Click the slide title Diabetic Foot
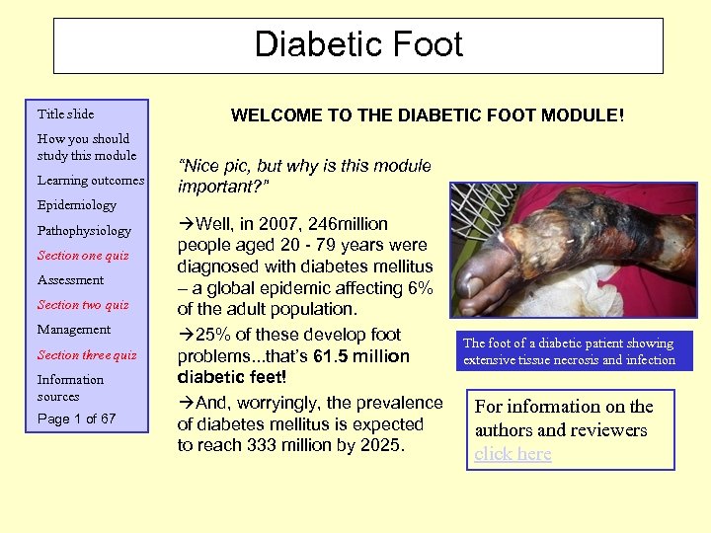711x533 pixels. [357, 45]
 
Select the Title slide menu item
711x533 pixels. [65, 114]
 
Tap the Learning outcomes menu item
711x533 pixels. [91, 181]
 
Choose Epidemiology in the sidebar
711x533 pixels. [76, 205]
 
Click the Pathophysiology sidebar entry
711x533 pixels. [84, 231]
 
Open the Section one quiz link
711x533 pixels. [83, 256]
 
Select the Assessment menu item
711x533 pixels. [70, 280]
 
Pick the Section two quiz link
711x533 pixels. [83, 305]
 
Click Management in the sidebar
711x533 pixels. [74, 330]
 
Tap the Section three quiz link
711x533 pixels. [87, 355]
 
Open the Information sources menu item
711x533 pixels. [70, 388]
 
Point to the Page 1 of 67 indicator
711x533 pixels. [76, 419]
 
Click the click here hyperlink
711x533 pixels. [513, 454]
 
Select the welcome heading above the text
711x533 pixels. [427, 115]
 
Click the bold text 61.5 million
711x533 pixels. [355, 355]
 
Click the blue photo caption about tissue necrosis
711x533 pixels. [569, 351]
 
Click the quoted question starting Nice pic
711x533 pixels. [304, 175]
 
